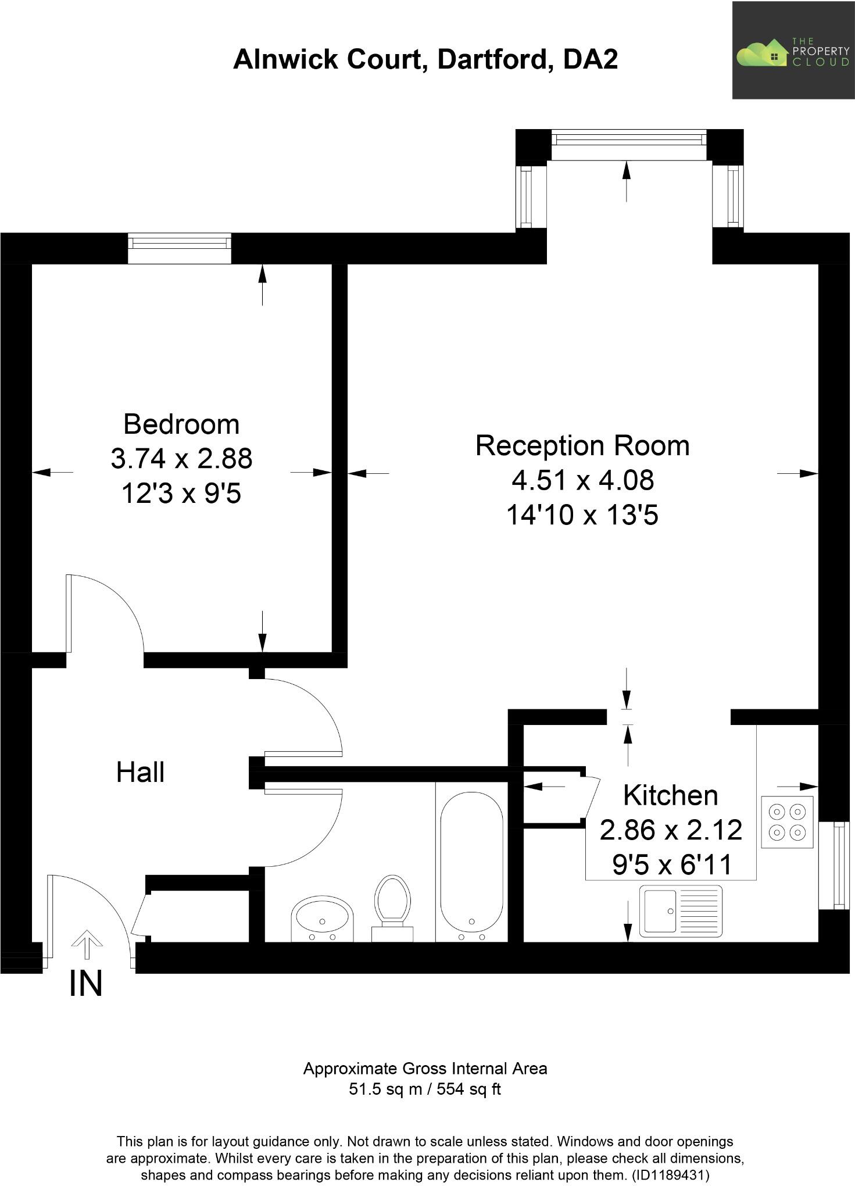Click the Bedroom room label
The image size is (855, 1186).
(181, 424)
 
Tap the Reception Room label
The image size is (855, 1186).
(582, 446)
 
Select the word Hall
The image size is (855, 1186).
(140, 773)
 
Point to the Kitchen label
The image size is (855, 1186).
(670, 795)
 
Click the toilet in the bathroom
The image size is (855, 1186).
(392, 906)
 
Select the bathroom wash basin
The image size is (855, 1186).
(322, 919)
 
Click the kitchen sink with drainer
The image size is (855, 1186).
(681, 911)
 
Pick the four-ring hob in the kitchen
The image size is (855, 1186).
(787, 821)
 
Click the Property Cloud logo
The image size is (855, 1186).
(793, 50)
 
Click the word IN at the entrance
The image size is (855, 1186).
(85, 984)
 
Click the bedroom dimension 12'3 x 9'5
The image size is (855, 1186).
(181, 494)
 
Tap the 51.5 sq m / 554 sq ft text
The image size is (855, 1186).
(425, 1089)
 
